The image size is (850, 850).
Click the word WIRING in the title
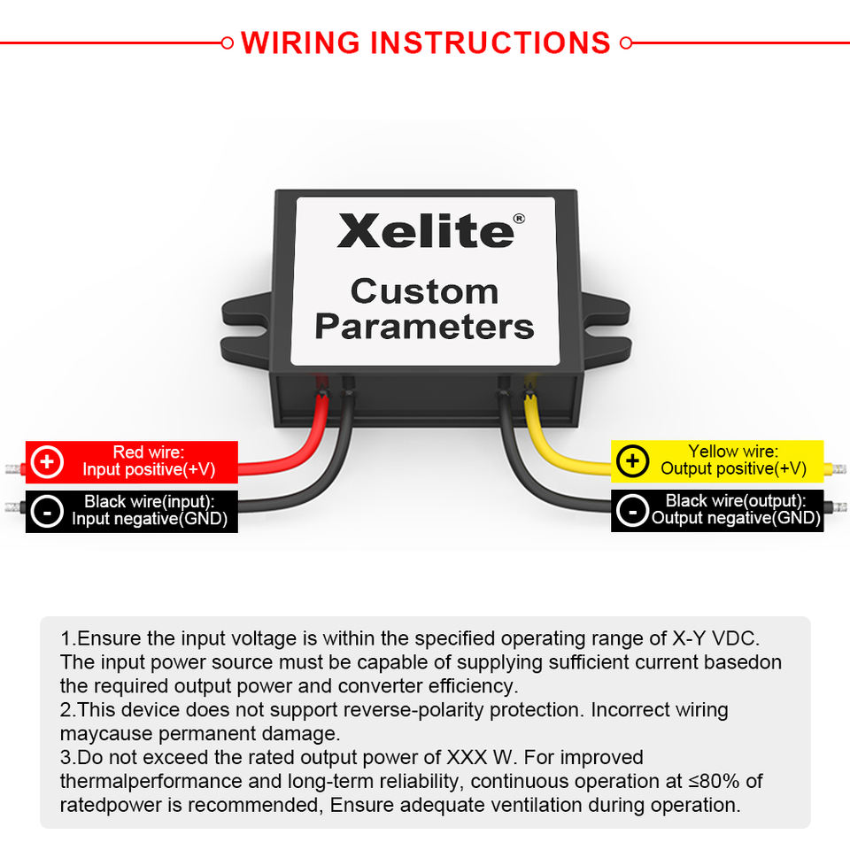[300, 42]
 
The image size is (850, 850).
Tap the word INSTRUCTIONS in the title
[490, 42]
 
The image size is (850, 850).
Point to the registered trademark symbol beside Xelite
[519, 218]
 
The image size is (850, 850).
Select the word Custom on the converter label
[424, 291]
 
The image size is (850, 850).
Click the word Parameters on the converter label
[424, 327]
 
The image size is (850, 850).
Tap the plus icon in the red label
[47, 461]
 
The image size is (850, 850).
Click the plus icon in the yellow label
[632, 461]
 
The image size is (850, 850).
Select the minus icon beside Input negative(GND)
[47, 511]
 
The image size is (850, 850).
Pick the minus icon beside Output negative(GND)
[632, 511]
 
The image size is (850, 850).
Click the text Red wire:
[148, 452]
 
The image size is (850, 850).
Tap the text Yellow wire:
[733, 452]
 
